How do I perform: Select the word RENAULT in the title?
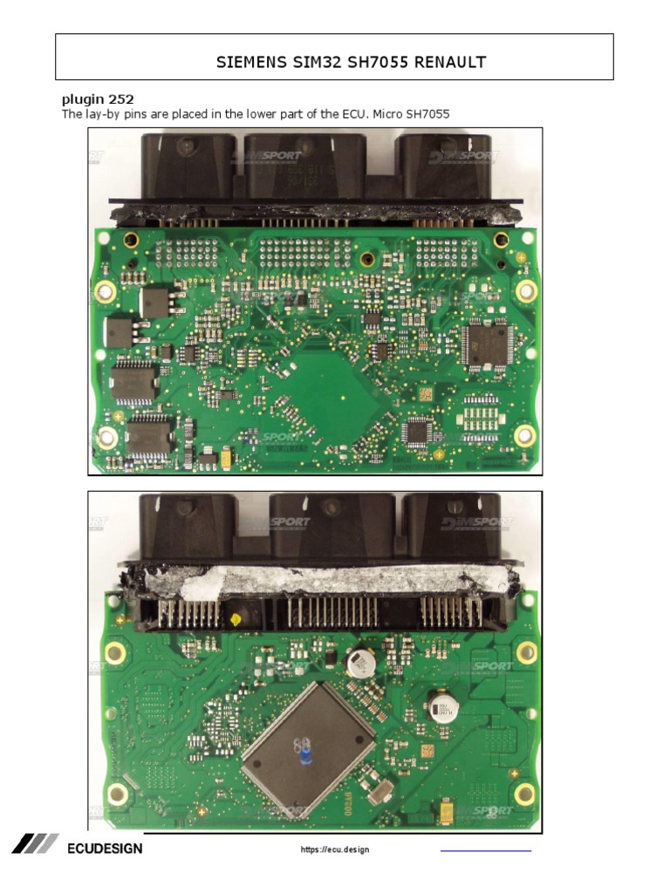pyautogui.click(x=447, y=62)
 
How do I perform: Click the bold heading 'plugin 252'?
pyautogui.click(x=98, y=100)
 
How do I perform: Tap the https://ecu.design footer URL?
pyautogui.click(x=335, y=849)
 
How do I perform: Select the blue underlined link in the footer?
pyautogui.click(x=485, y=849)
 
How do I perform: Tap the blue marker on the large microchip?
pyautogui.click(x=306, y=752)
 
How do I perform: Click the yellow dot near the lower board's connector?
pyautogui.click(x=235, y=619)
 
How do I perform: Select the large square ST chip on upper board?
pyautogui.click(x=487, y=343)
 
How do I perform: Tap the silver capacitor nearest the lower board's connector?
pyautogui.click(x=359, y=665)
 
